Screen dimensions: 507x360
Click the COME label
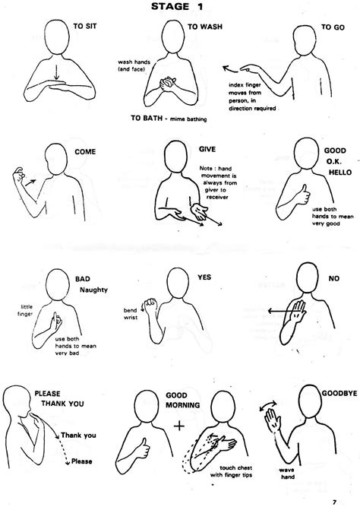click(84, 151)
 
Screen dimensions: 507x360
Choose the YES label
click(204, 277)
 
